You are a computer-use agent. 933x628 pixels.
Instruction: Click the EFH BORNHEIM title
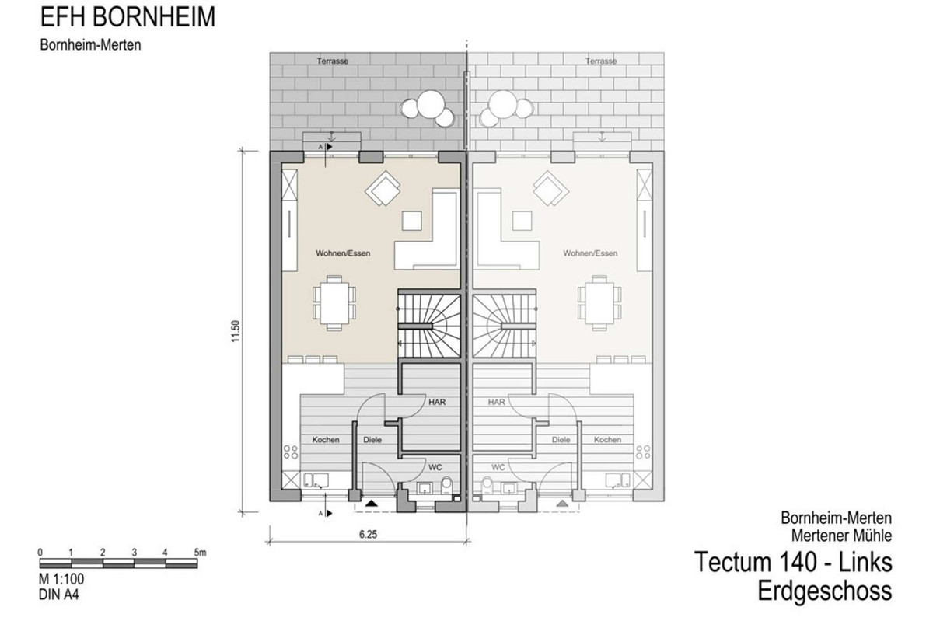[128, 17]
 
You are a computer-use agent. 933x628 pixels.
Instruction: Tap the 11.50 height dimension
[236, 331]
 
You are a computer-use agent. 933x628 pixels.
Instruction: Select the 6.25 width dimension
[369, 534]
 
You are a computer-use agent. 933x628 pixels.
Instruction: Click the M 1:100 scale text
[61, 579]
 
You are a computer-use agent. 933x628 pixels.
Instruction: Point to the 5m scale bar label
[200, 553]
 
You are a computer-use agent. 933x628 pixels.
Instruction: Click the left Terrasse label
[333, 61]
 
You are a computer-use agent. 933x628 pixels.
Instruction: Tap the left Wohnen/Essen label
[343, 253]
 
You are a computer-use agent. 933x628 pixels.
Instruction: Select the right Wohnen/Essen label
[590, 253]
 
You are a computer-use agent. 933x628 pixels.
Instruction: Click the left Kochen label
[326, 440]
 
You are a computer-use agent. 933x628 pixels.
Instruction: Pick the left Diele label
[372, 440]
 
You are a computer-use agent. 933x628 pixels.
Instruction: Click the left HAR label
[437, 403]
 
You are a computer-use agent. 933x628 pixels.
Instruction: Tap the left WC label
[435, 468]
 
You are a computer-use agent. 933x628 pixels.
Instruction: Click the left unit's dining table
[334, 303]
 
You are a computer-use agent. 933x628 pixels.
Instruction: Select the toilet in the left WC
[446, 485]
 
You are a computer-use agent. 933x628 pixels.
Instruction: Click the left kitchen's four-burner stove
[291, 452]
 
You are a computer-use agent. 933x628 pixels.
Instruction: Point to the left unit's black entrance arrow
[372, 504]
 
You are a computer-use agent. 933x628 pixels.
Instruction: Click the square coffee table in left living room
[411, 221]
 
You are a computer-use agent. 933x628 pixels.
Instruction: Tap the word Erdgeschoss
[825, 591]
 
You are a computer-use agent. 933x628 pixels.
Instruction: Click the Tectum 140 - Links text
[793, 562]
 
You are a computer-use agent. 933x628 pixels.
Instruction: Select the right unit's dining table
[599, 303]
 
